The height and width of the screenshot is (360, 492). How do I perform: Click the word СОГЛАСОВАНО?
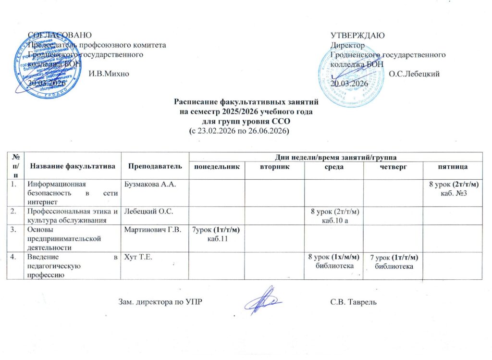59,35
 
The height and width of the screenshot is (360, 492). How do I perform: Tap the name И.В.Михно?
109,73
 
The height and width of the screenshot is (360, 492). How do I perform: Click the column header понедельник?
215,166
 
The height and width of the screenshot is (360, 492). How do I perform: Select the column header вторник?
274,166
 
